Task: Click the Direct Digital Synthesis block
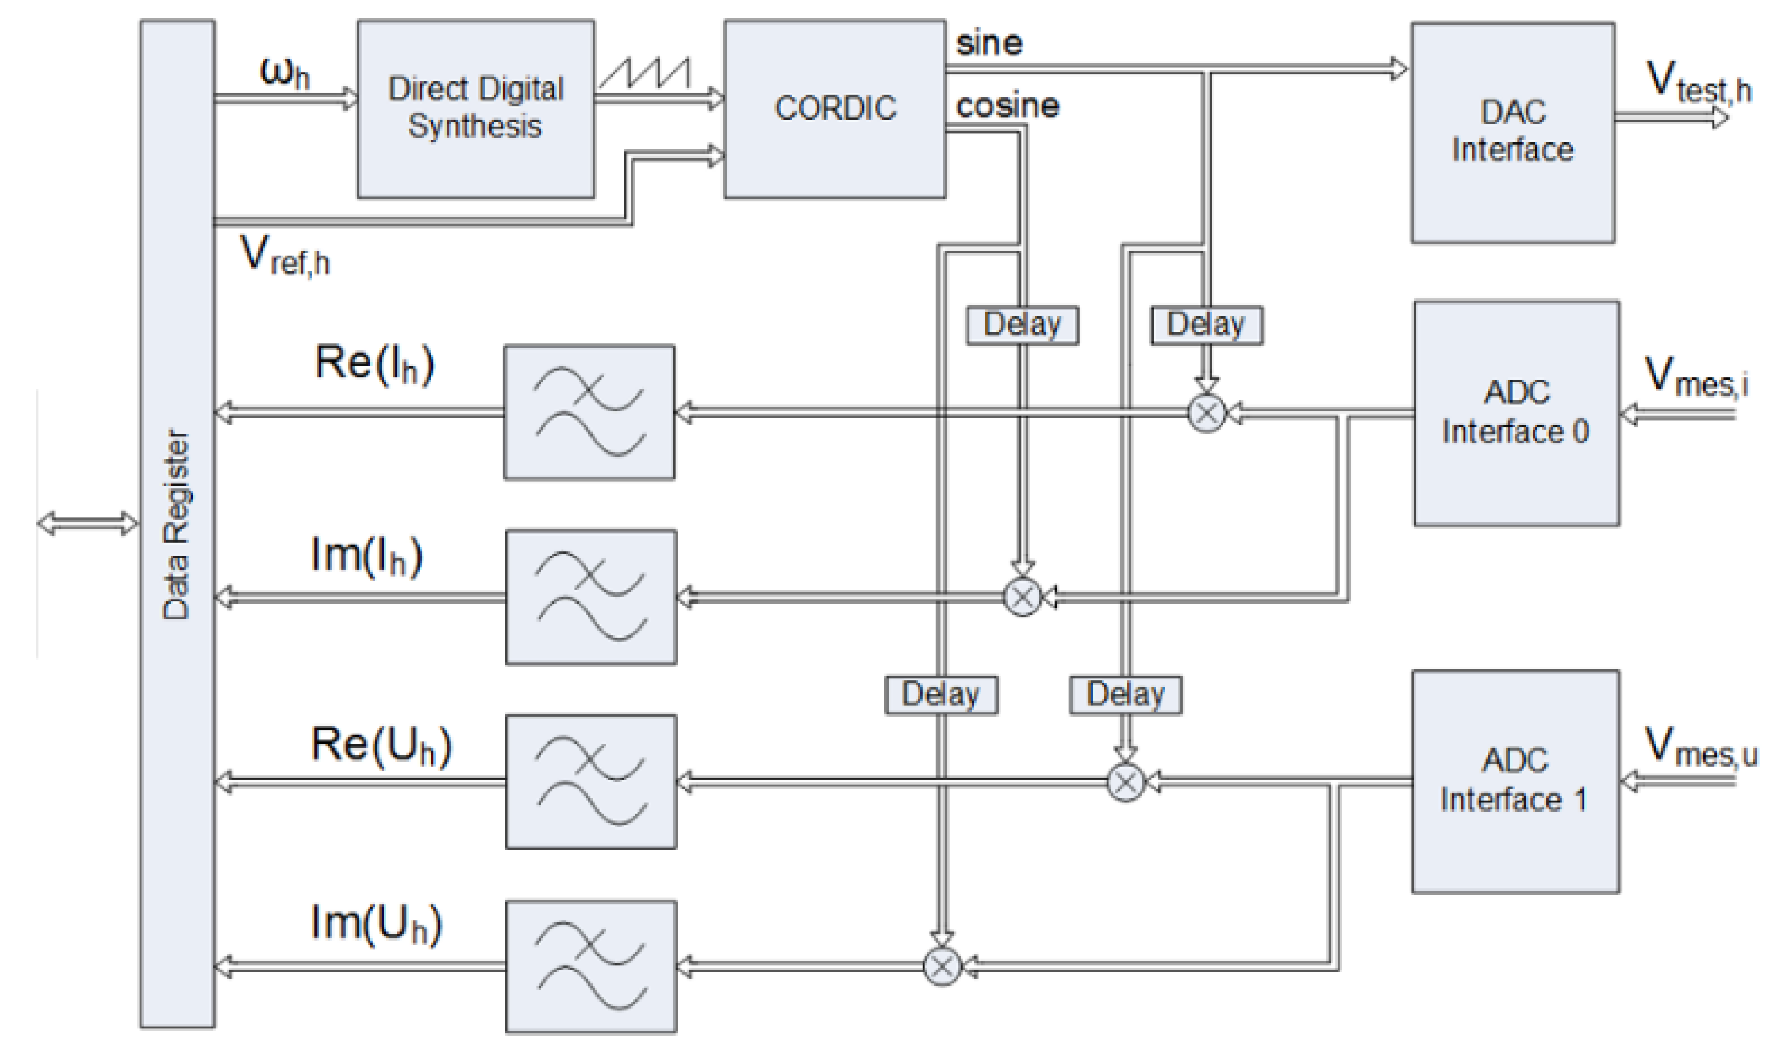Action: [475, 108]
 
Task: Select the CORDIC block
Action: [834, 108]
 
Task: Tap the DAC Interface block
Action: [1512, 132]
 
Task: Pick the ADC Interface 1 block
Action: [1515, 781]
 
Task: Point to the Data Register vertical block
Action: [177, 523]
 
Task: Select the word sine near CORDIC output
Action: [988, 44]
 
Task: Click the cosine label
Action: [1007, 106]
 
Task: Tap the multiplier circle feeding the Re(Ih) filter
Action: [1206, 413]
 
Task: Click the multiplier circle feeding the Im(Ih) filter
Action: [1022, 597]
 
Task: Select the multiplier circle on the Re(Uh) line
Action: [1125, 782]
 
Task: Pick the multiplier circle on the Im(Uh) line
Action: [942, 966]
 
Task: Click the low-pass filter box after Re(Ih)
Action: [589, 412]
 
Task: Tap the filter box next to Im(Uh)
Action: [591, 966]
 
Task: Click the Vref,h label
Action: [285, 255]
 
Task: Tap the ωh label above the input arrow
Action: [285, 71]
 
